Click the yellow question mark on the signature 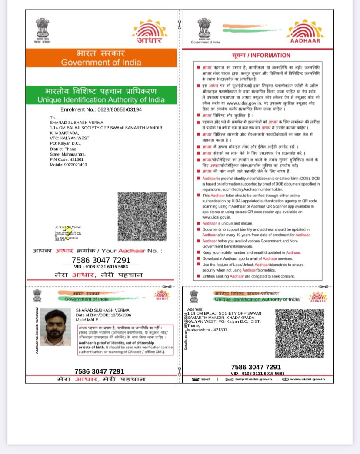coord(68,234)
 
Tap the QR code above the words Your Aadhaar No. coord(142,216)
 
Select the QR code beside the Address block coord(299,333)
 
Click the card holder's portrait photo coord(55,327)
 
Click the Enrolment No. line coord(101,109)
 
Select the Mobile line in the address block coord(68,165)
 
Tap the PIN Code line coord(67,159)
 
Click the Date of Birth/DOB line coord(103,315)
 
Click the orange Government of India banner coord(101,58)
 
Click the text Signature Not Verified coord(68,227)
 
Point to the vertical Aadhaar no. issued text coord(37,330)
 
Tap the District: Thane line coord(63,149)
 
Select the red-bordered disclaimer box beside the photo coord(125,340)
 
